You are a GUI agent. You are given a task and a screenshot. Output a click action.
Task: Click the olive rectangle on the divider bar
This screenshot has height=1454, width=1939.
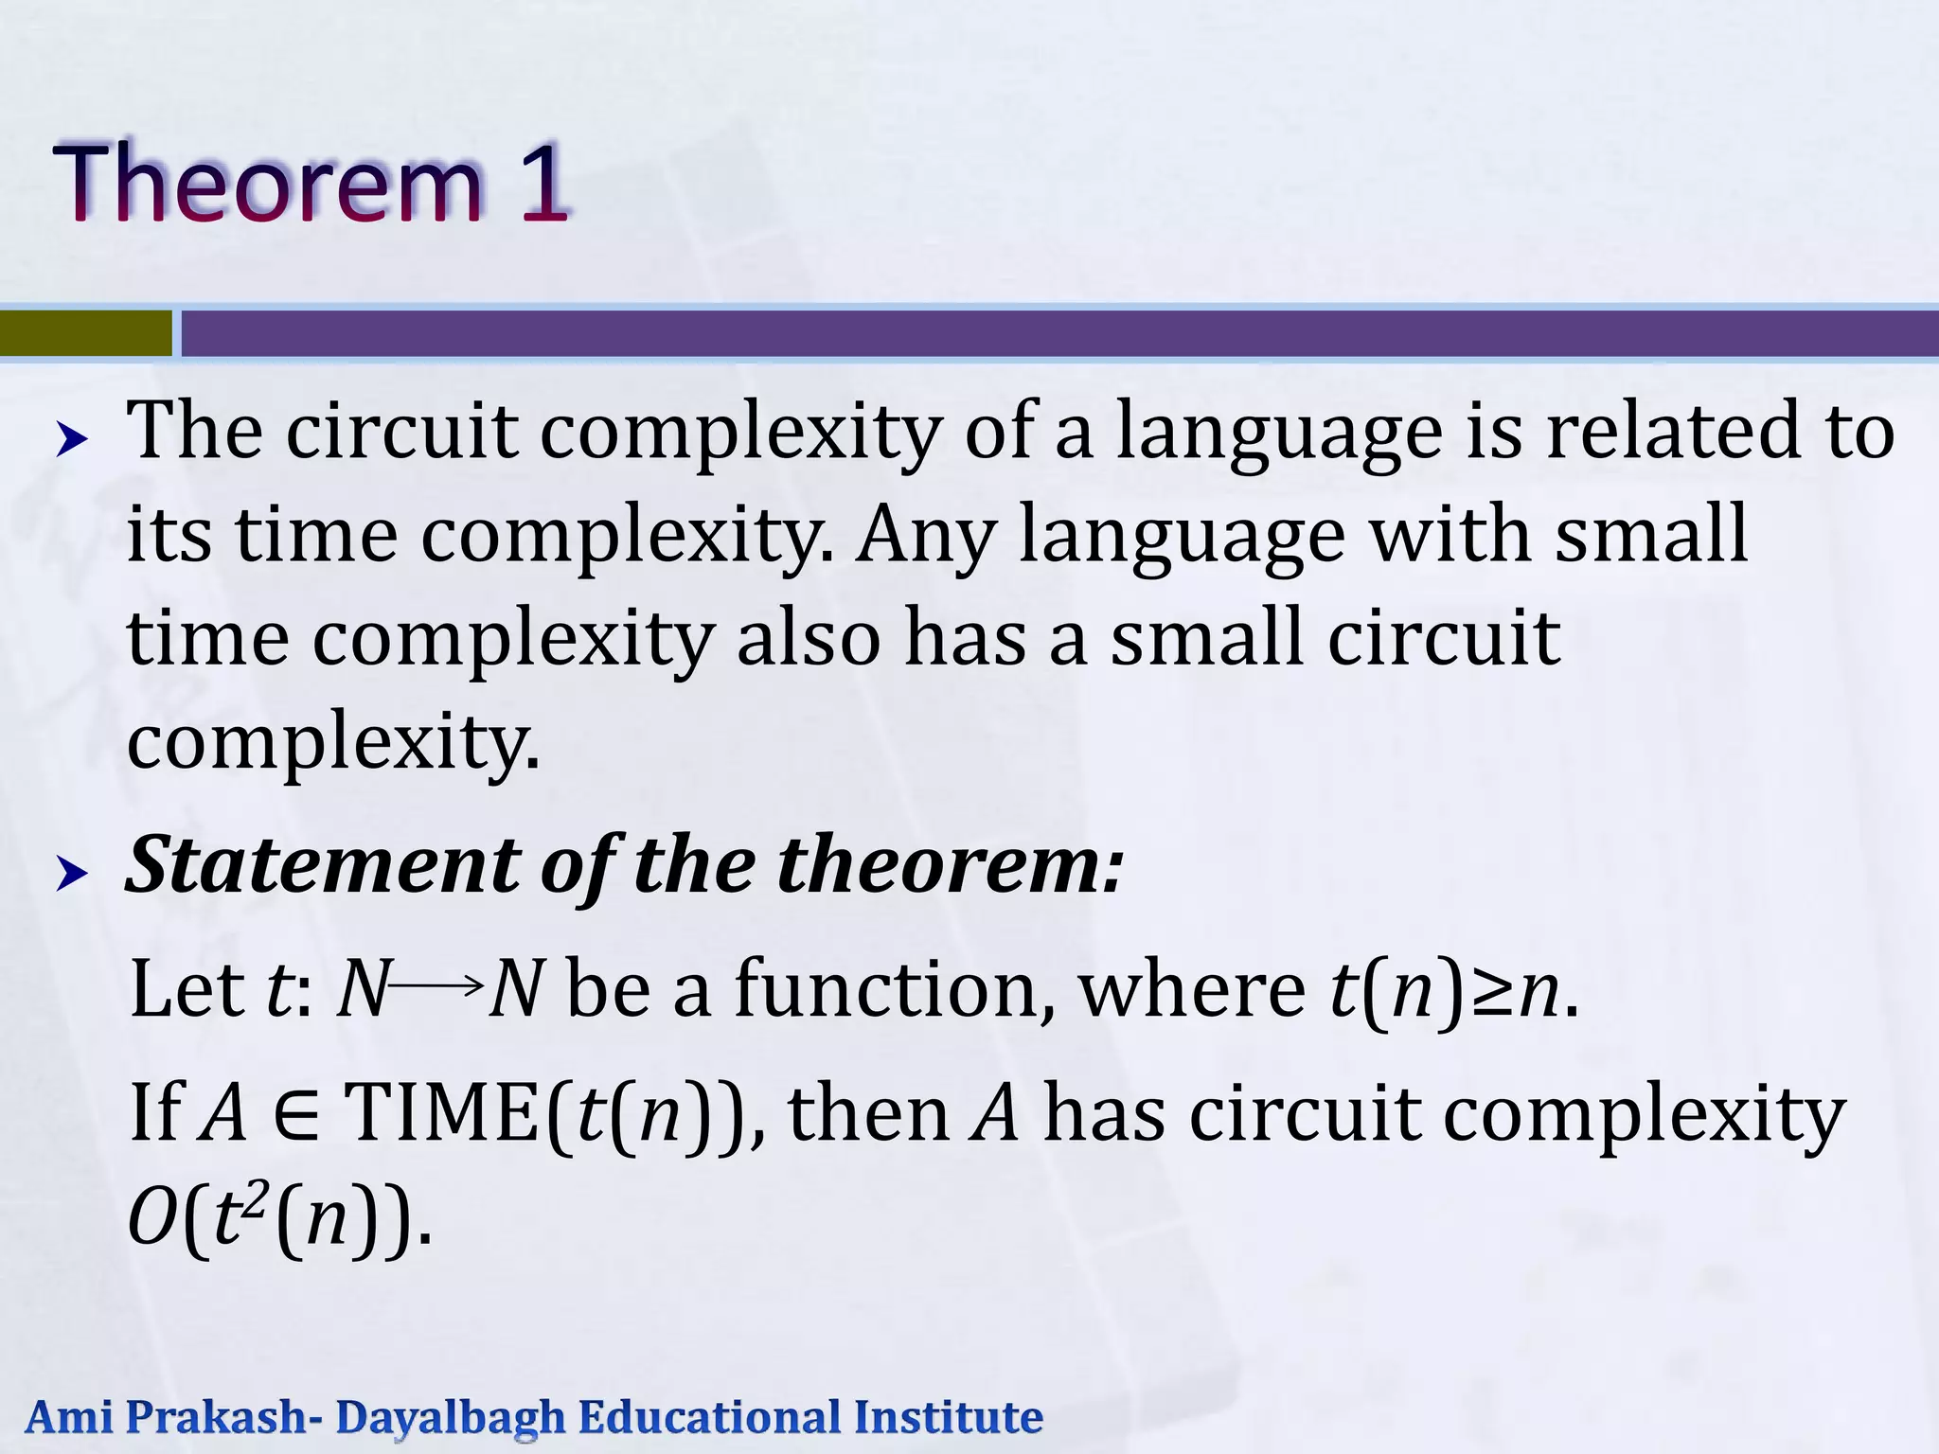coord(85,333)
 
